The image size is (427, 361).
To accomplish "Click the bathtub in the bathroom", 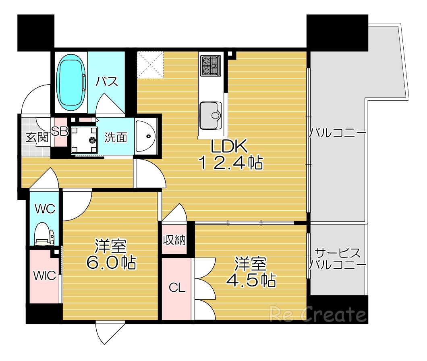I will pos(71,83).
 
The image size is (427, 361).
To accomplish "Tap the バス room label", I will pos(107,82).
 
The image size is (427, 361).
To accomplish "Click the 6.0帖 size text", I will pos(111,262).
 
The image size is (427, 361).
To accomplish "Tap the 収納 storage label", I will pos(174,241).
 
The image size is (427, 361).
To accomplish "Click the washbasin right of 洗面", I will pos(146,137).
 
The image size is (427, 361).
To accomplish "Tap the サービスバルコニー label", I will pos(338,259).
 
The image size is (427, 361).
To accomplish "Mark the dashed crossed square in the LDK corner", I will pos(150,64).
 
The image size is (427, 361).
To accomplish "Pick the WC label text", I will pos(45,209).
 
